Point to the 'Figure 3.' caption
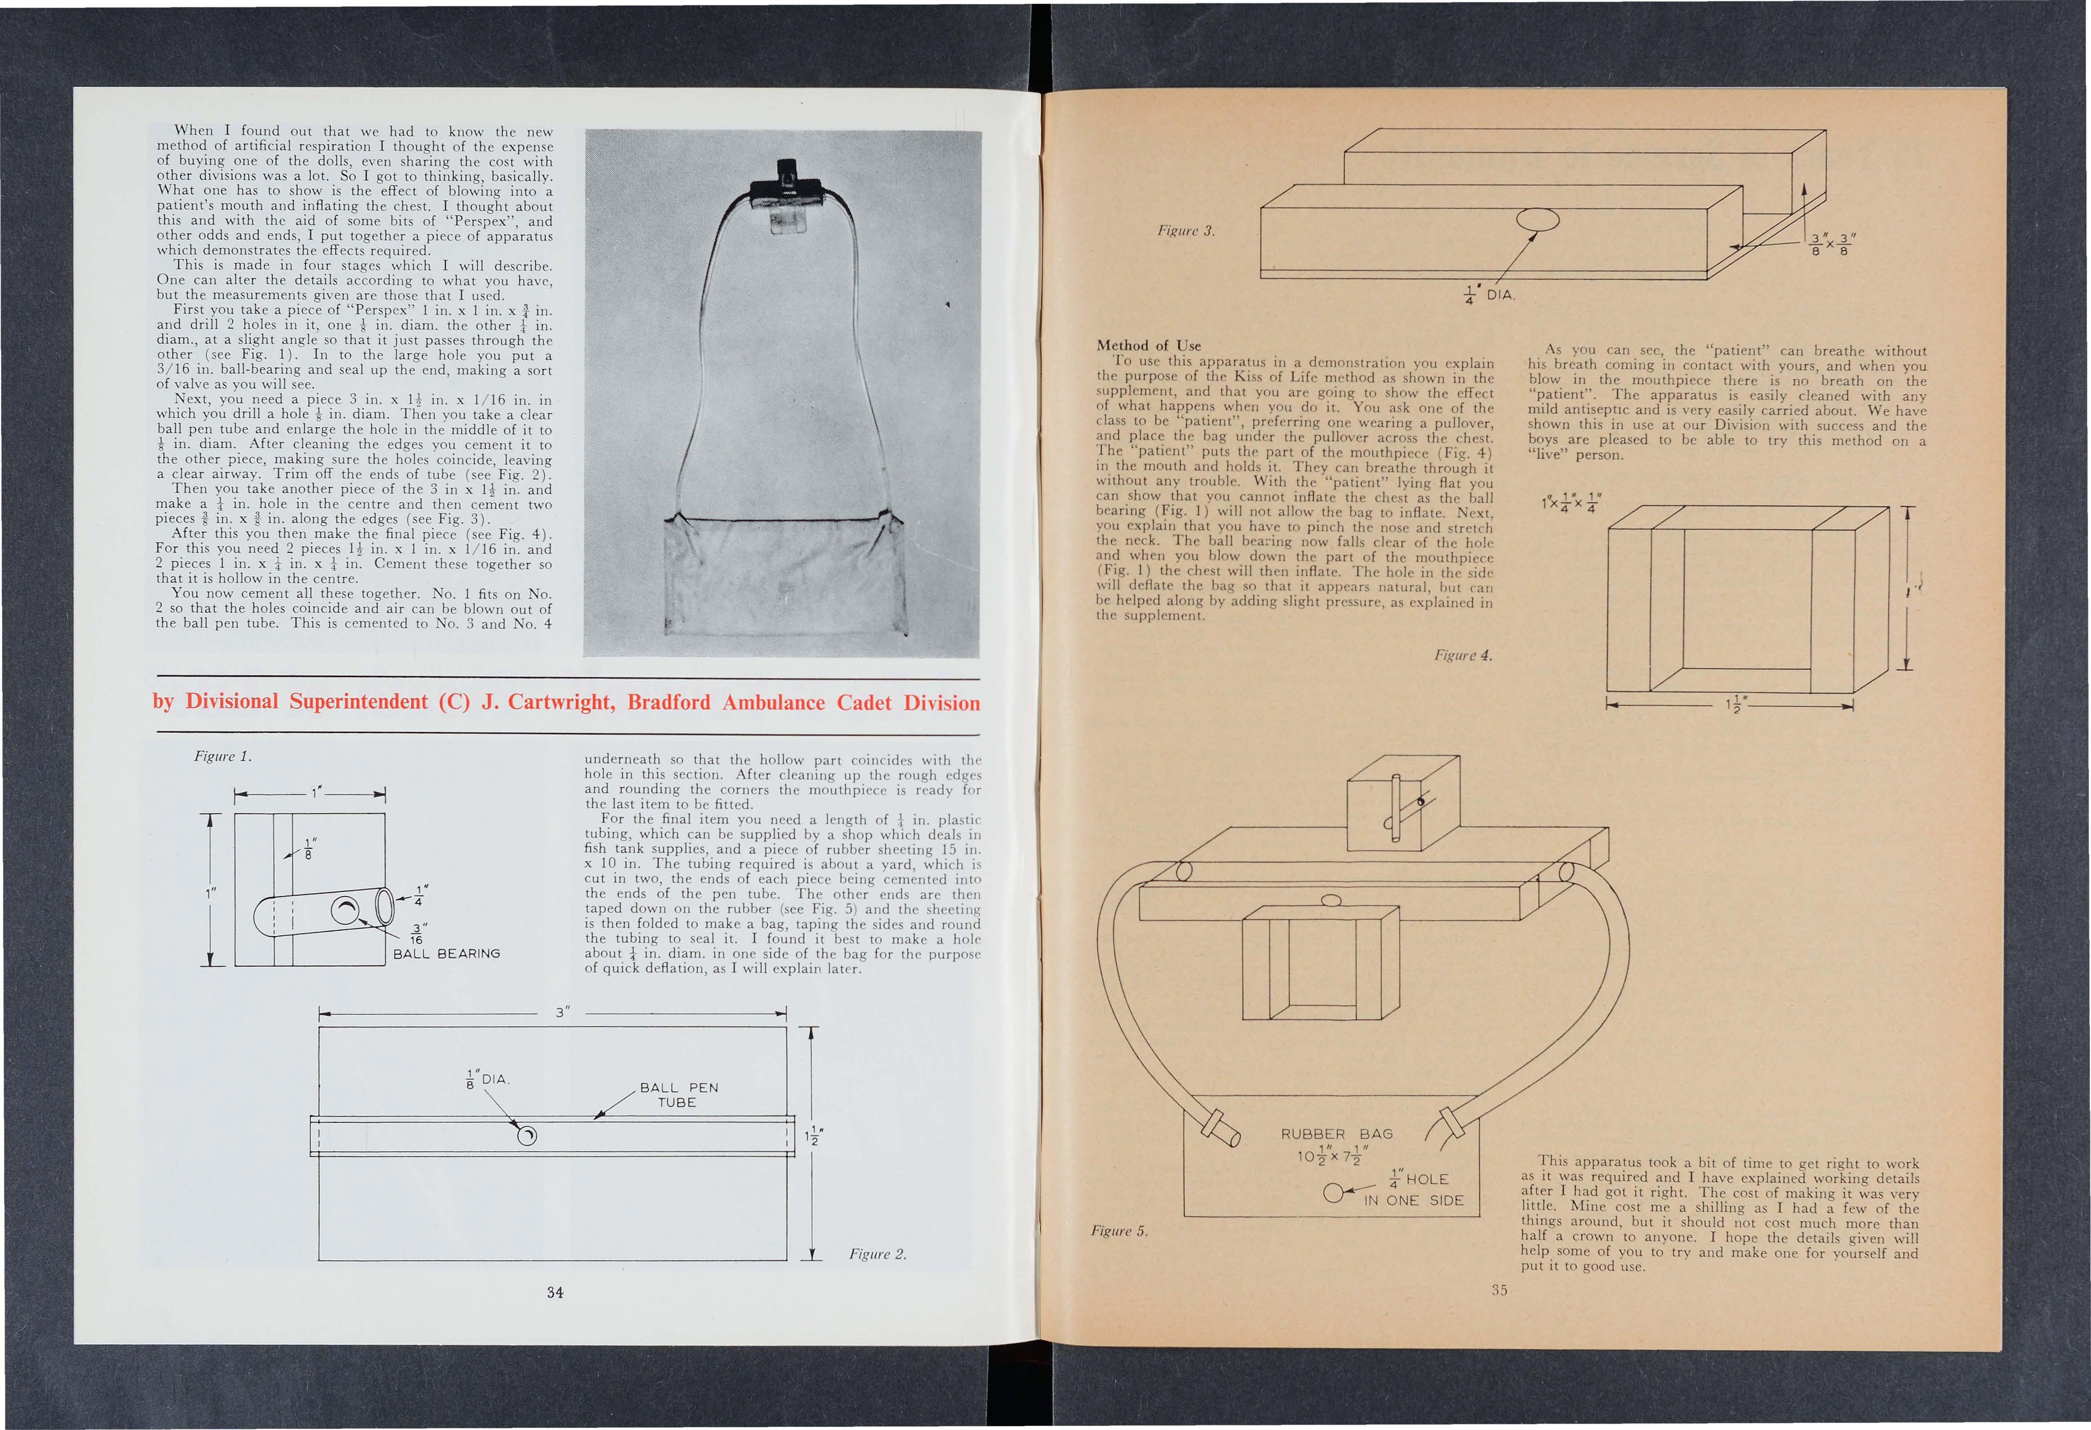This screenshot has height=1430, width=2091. (x=1186, y=231)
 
